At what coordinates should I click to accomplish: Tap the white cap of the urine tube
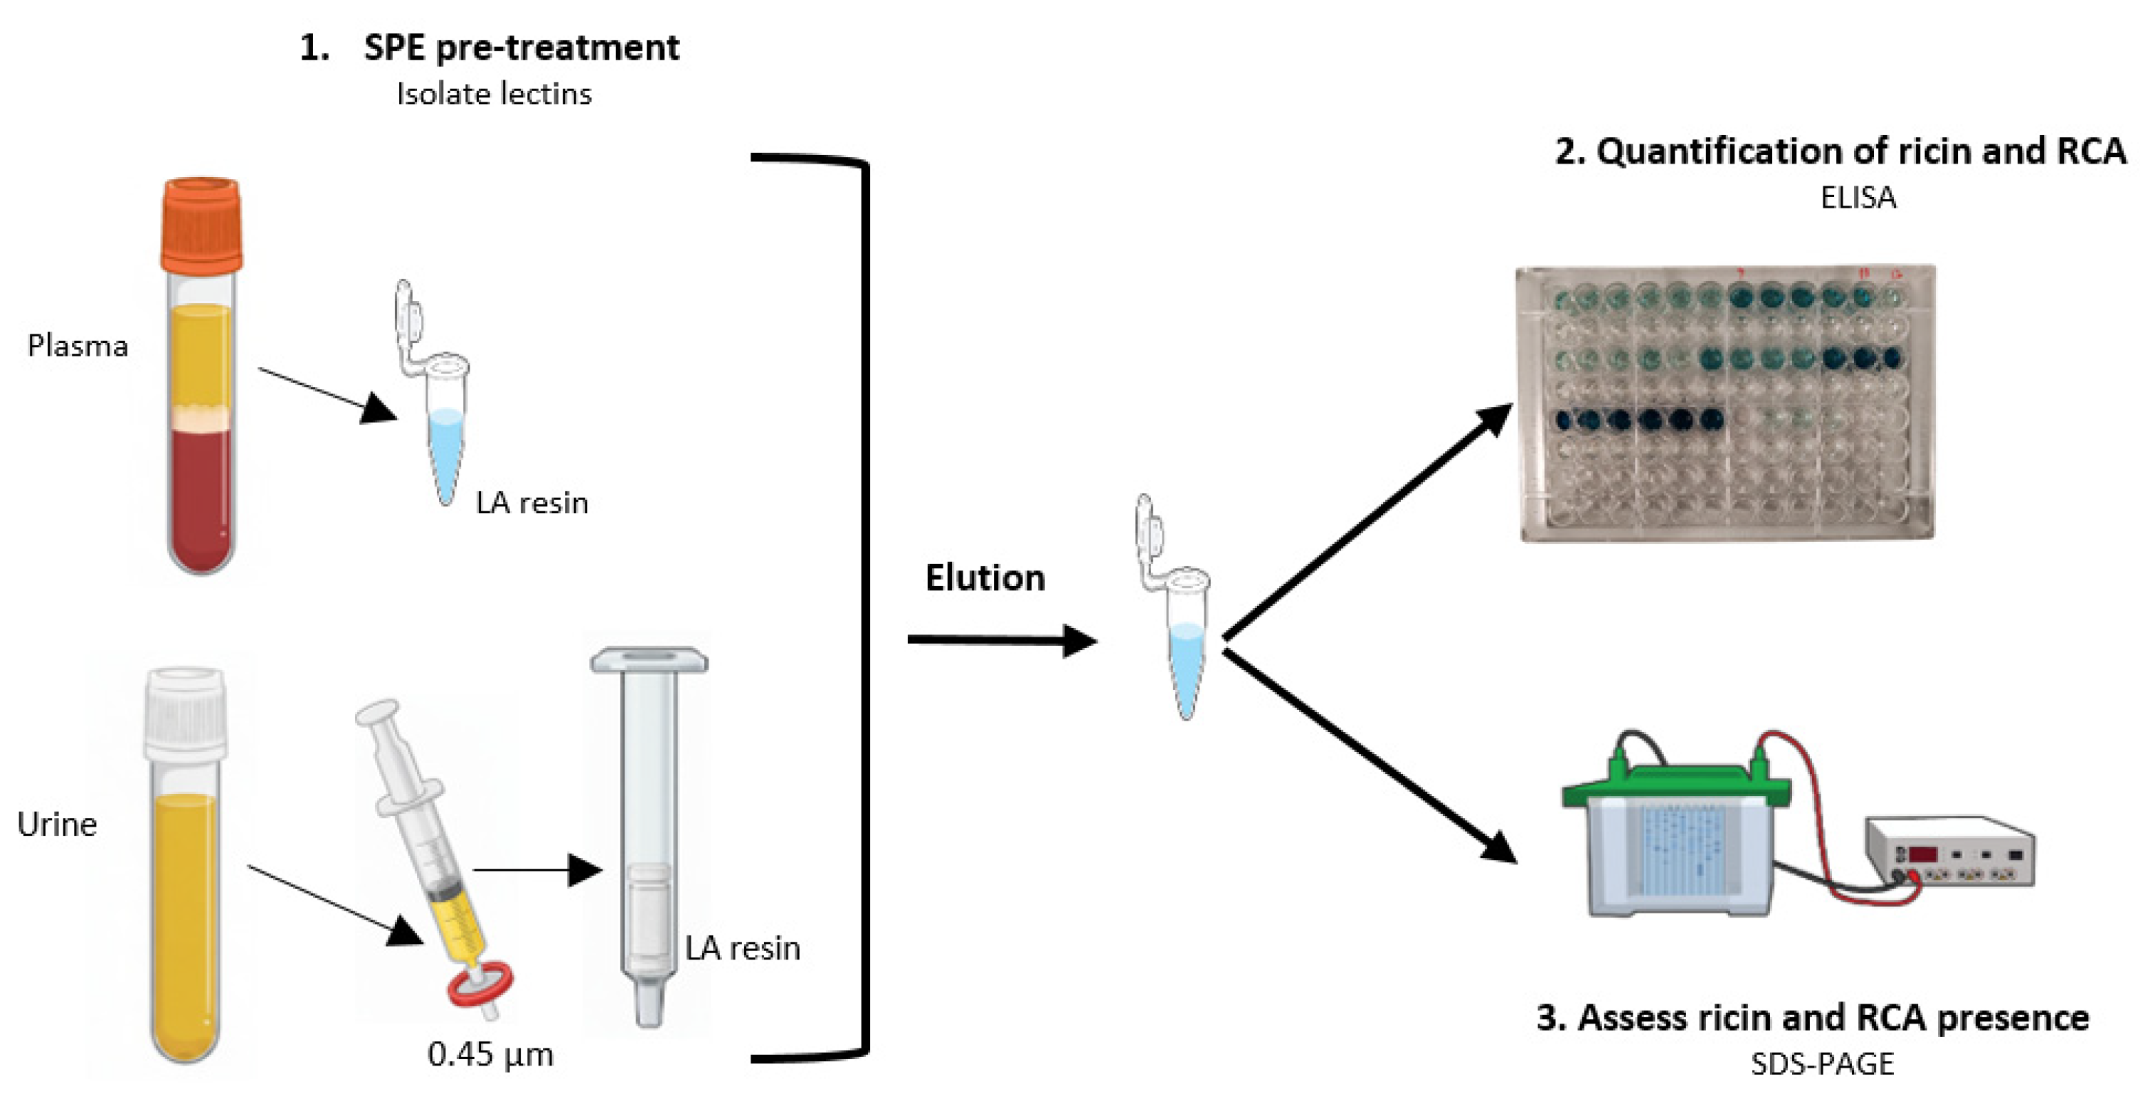184,713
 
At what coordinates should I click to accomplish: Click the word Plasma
78,346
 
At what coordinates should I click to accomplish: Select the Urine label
56,824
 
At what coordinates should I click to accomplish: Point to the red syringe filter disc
480,986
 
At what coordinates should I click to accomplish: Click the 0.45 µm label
490,1054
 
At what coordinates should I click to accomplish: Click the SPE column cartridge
649,831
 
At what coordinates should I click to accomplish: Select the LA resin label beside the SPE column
742,947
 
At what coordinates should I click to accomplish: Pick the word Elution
985,578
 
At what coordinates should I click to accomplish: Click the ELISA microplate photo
1726,403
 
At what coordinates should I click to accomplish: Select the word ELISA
1858,198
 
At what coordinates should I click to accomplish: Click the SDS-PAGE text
1822,1064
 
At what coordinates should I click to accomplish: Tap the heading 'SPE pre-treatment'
521,48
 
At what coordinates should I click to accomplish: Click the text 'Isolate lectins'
494,94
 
